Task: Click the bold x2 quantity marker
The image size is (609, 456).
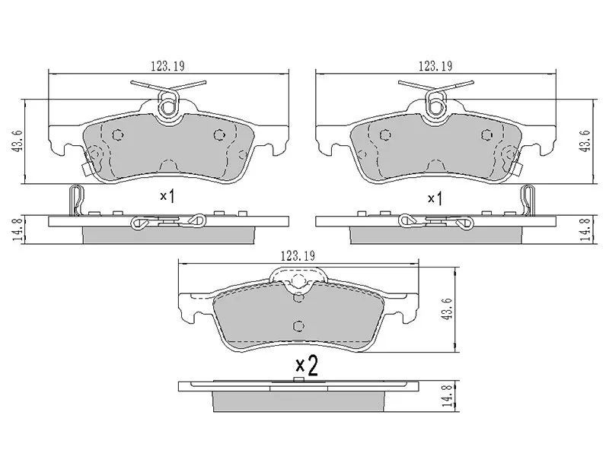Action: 306,364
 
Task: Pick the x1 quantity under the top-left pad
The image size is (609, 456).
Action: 167,196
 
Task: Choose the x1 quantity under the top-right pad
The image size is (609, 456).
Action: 435,198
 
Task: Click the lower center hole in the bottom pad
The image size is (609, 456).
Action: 298,325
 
